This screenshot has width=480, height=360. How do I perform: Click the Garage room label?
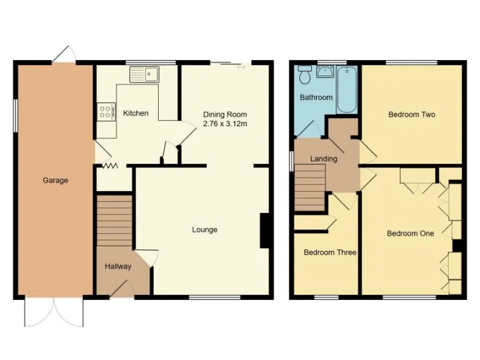55,181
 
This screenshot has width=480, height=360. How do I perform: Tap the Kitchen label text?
136,113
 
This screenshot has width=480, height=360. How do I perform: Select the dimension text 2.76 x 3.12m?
225,124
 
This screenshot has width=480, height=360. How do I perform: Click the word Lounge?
204,229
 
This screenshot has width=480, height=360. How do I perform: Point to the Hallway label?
117,267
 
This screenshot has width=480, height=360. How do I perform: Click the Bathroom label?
316,97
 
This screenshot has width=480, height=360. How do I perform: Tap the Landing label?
324,159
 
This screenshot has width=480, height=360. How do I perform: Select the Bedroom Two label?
411,114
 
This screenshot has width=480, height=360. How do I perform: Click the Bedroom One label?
410,233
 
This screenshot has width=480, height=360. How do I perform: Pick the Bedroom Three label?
329,252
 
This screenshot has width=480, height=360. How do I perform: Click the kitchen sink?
145,74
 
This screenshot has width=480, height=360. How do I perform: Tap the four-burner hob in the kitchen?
106,112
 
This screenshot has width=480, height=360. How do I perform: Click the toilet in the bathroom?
305,76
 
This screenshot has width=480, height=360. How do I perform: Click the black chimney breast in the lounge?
265,231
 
